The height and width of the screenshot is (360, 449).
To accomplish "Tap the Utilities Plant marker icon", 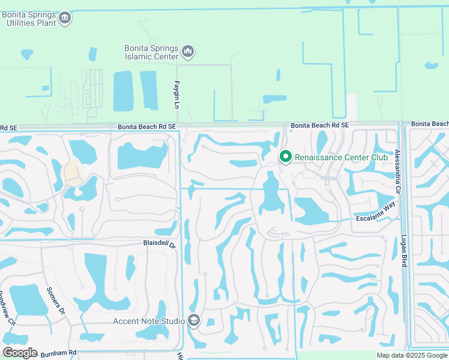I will [65, 19].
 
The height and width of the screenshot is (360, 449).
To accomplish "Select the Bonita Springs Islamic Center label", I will [151, 52].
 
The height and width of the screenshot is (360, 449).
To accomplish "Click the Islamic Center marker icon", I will [188, 52].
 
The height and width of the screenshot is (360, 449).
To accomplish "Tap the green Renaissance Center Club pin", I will [286, 157].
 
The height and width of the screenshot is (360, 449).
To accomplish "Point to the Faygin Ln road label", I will [178, 95].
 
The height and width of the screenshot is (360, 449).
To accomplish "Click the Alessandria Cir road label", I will [397, 170].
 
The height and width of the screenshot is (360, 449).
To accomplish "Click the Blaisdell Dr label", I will [158, 244].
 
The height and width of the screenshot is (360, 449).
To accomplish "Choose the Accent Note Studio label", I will [149, 321].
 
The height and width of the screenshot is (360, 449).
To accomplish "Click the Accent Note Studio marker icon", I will [193, 321].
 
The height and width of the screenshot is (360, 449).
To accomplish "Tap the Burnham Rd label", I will [59, 353].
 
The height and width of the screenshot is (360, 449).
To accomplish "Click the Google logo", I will [20, 353].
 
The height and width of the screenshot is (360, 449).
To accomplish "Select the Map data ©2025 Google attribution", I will [412, 355].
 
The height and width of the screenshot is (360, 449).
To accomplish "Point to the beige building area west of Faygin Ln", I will [73, 172].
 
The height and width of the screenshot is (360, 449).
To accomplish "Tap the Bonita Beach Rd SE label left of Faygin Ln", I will [146, 127].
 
